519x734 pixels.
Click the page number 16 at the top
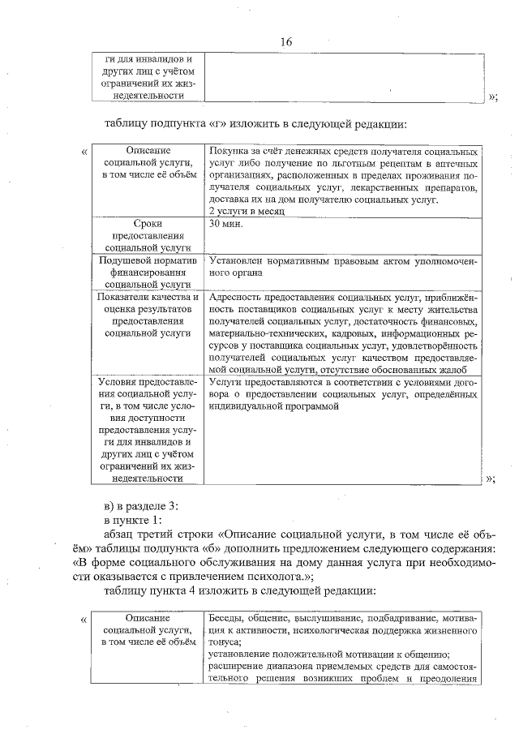286,41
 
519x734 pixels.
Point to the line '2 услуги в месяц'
246,210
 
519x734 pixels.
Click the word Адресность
236,298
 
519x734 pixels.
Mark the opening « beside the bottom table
85,620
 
